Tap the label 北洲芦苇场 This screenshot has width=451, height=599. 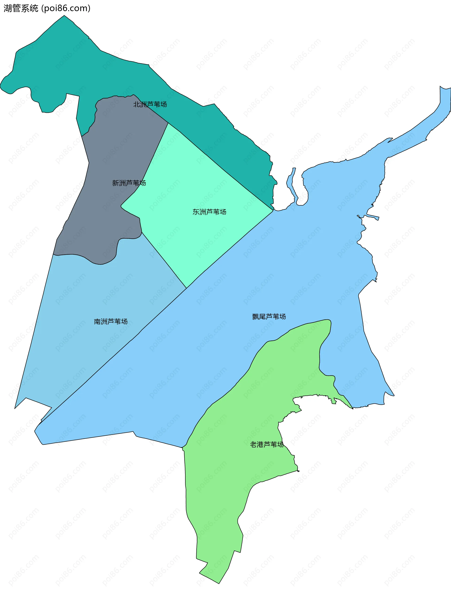point(150,104)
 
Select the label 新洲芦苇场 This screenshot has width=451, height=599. point(129,183)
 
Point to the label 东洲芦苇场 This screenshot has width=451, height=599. point(209,212)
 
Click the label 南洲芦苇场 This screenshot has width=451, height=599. point(111,321)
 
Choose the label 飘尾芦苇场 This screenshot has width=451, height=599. point(269,317)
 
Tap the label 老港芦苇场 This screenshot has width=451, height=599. point(267,444)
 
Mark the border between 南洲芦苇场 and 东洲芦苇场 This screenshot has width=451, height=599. point(164,260)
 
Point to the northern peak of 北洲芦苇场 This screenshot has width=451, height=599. point(64,16)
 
